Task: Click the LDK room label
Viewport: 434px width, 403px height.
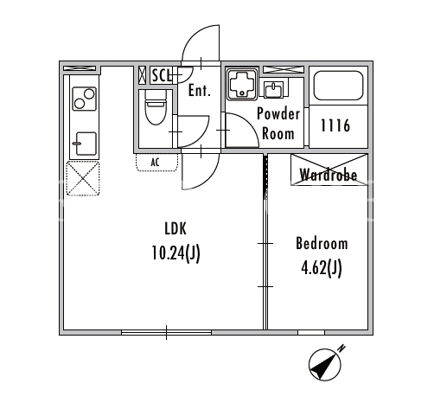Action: point(176,228)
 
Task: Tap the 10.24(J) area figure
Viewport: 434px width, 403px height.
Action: point(176,253)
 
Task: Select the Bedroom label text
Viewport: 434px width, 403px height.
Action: point(322,243)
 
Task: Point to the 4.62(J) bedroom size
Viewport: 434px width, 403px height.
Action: point(322,268)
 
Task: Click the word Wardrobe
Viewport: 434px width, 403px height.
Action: point(329,175)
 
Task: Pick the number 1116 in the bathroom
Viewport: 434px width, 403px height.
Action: point(335,125)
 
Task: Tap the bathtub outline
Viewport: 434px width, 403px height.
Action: point(338,86)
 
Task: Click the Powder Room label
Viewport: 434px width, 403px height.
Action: point(278,124)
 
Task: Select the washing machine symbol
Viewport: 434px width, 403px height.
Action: point(242,85)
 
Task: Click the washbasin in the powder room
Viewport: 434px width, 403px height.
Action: point(273,89)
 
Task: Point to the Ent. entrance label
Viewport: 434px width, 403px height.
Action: point(200,90)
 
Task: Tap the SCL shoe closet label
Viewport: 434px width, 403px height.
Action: point(163,75)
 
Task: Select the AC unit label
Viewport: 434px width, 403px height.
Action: point(155,163)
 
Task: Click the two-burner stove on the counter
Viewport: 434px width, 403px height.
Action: point(84,99)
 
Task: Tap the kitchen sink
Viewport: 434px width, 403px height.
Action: point(86,144)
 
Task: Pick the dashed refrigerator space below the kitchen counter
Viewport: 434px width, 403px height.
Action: point(83,178)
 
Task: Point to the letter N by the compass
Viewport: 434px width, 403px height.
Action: point(341,349)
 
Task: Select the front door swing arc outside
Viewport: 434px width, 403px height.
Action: point(201,43)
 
